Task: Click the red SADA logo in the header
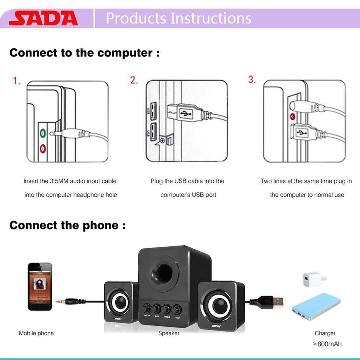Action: (x=43, y=18)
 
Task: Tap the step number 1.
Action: (x=17, y=81)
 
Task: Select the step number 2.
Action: (x=134, y=80)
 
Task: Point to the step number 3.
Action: (x=252, y=80)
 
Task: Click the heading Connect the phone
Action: (x=67, y=225)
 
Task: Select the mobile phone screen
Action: (x=39, y=285)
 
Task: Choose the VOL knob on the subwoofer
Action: (x=177, y=309)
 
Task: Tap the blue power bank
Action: (x=316, y=305)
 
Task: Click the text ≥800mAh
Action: (x=327, y=344)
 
